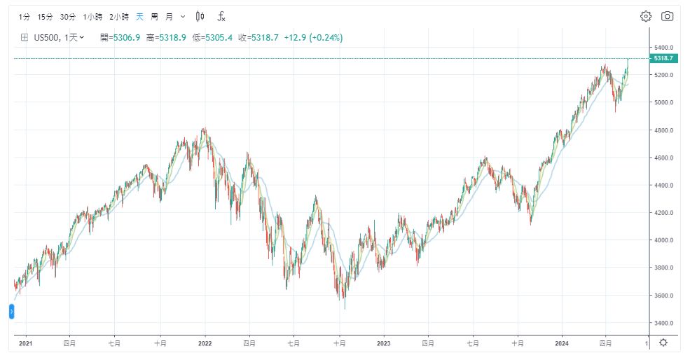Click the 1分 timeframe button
[25, 16]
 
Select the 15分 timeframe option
[45, 16]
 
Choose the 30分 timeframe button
[67, 16]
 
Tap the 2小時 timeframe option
[120, 16]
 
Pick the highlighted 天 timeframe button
[140, 16]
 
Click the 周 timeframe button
[154, 16]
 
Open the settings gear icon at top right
[646, 16]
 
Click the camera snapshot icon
[668, 16]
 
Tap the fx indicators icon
[221, 16]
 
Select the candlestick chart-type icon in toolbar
[200, 16]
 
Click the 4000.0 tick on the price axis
[663, 240]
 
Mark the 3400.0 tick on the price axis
[663, 323]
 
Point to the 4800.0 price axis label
[663, 130]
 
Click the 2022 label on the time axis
[205, 343]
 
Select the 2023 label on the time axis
[383, 343]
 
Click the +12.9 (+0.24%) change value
[313, 37]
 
